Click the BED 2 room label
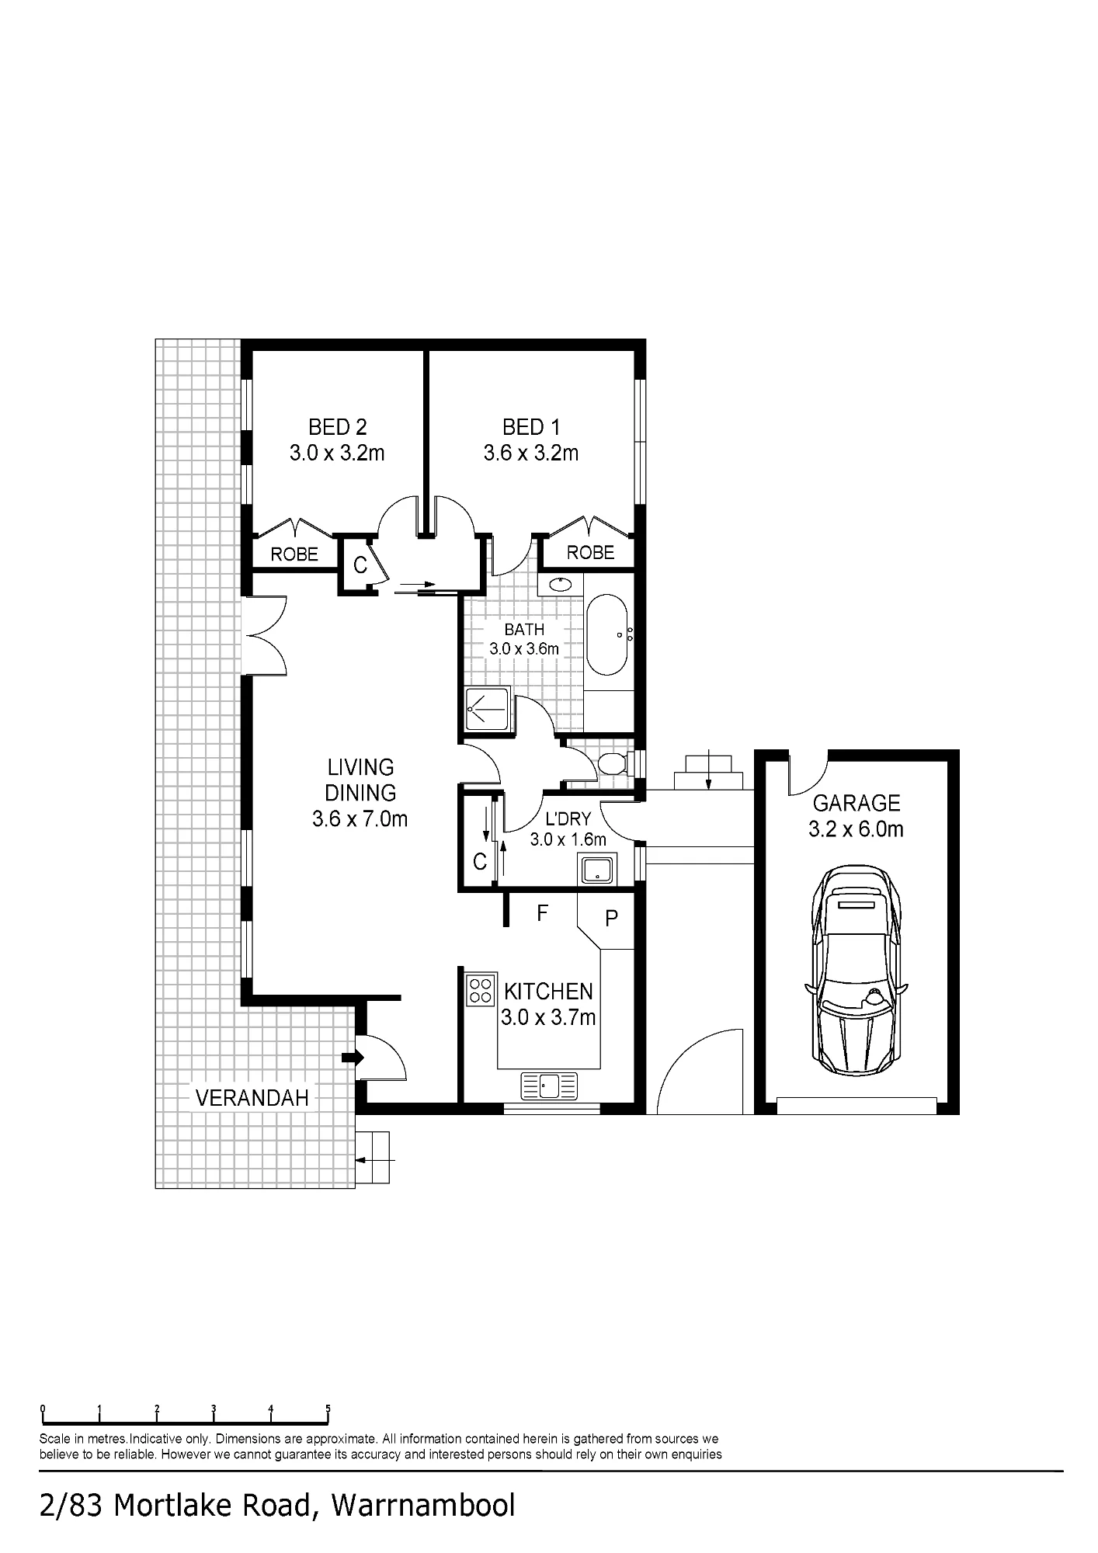[x=337, y=427]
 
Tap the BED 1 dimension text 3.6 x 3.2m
[x=531, y=453]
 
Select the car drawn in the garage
[x=856, y=971]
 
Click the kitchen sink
[x=550, y=1086]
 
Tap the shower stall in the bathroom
[x=488, y=709]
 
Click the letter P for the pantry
[x=611, y=919]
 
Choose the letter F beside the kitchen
[x=543, y=913]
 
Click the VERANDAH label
[x=252, y=1097]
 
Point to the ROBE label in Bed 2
[x=294, y=554]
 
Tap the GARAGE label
[x=857, y=803]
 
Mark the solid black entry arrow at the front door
[x=353, y=1057]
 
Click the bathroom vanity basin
[x=561, y=584]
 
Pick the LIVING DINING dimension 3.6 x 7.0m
[x=360, y=819]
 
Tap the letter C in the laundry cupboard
[x=480, y=861]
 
